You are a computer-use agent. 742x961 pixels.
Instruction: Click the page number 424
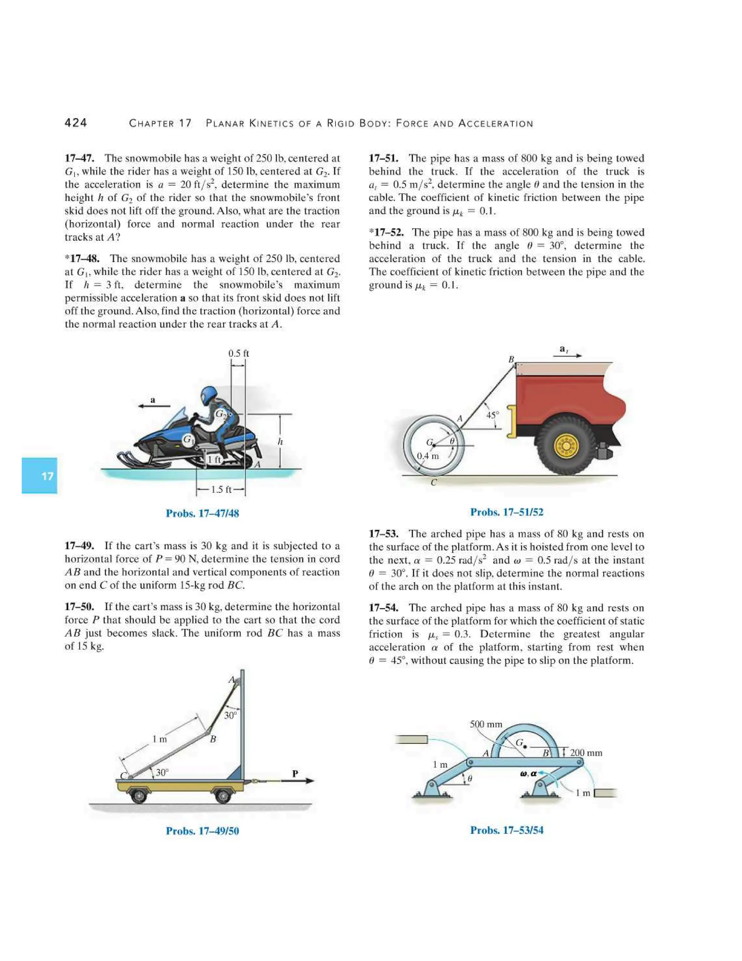tap(76, 123)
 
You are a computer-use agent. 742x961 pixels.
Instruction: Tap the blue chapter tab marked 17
tap(39, 476)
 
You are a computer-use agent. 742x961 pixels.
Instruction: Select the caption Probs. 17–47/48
tap(202, 513)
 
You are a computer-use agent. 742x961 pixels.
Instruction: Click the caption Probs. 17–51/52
tap(507, 512)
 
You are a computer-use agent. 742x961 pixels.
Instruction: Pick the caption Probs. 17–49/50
tap(202, 831)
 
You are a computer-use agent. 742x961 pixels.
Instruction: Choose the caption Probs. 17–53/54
tap(507, 830)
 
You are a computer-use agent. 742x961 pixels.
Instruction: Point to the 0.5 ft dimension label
tap(238, 353)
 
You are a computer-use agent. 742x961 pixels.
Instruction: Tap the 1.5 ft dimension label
tap(221, 489)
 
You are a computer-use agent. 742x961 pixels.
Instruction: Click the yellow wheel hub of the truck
tap(567, 447)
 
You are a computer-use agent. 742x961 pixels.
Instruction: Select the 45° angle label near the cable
tap(492, 415)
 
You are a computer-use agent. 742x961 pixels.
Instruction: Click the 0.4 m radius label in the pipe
tap(428, 456)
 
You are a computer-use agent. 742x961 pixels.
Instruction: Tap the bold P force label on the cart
tap(295, 773)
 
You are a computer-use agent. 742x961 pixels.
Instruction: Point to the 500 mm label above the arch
tap(486, 724)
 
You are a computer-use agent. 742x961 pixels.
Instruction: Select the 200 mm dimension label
tap(586, 752)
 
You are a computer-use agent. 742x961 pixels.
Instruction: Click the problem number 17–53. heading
tap(383, 534)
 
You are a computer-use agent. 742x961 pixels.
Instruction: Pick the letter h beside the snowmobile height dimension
tap(280, 441)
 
